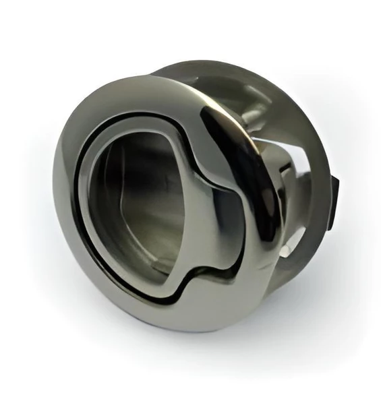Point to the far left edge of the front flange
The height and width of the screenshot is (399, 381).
coord(55,202)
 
